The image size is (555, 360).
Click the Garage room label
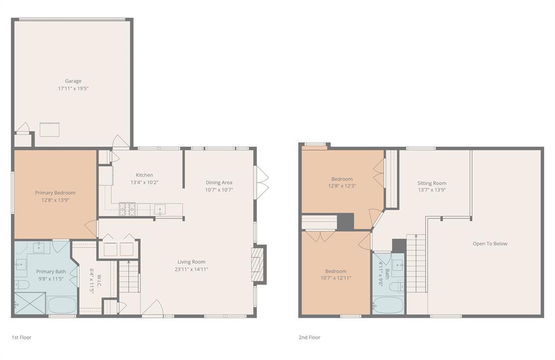73,81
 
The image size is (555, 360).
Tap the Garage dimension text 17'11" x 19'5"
73,88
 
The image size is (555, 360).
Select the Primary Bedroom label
55,192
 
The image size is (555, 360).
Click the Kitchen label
144,175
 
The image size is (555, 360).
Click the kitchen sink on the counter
159,209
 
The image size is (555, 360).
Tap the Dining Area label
219,183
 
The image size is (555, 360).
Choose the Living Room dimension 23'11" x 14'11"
191,269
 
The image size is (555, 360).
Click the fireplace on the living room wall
259,264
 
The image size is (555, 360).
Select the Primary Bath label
51,272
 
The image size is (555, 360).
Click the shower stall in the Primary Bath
30,303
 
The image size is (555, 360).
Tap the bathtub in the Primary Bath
62,304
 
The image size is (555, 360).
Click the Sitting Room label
432,183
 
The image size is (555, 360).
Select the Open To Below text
490,243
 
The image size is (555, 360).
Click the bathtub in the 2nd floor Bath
388,305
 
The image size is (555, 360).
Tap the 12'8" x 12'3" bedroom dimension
342,186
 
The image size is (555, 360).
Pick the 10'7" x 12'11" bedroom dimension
335,278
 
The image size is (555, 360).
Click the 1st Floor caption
22,337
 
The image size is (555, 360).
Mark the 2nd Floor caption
309,337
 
